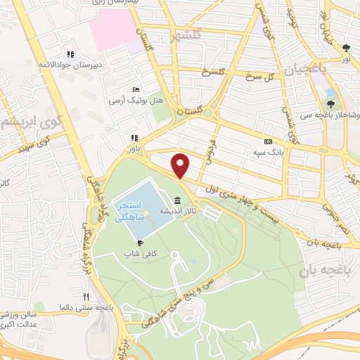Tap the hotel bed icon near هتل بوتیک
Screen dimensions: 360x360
tap(136, 90)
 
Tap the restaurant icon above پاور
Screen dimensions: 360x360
tap(133, 139)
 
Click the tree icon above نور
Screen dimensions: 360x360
tap(347, 48)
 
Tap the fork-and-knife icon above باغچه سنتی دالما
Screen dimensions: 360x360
tap(86, 297)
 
